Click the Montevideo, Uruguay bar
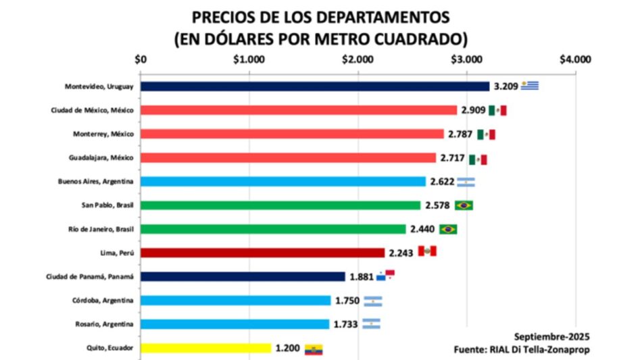tap(315, 86)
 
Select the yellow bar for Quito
tap(206, 348)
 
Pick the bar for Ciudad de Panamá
tap(243, 276)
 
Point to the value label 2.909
tap(473, 110)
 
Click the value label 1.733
tap(347, 324)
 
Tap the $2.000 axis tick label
tap(357, 59)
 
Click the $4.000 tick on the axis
tap(575, 59)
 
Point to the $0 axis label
tap(141, 59)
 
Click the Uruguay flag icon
tap(530, 85)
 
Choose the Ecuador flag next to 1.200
tap(313, 349)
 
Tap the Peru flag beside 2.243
tap(427, 251)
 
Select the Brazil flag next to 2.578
tap(464, 205)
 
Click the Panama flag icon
tap(385, 276)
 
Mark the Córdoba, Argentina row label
tap(103, 301)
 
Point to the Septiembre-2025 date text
tap(552, 336)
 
